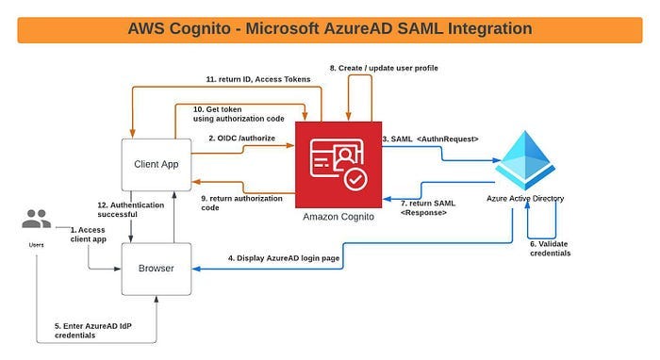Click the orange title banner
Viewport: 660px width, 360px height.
point(330,28)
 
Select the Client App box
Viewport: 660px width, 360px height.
point(157,163)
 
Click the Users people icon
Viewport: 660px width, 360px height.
point(37,220)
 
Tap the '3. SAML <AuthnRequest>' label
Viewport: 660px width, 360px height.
point(430,139)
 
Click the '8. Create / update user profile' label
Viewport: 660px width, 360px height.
point(384,69)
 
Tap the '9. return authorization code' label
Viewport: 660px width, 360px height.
point(241,204)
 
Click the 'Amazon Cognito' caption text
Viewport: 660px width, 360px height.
point(339,217)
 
